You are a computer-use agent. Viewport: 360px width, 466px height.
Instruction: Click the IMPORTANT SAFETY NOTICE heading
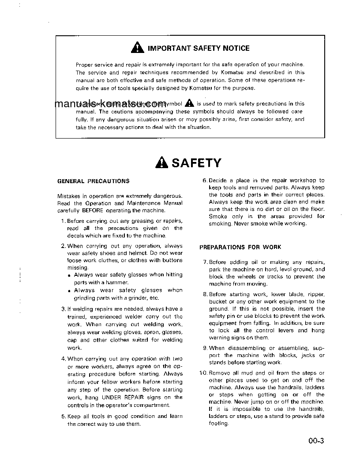tap(198, 49)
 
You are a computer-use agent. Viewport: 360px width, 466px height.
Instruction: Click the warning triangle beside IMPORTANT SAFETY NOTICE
tap(138, 48)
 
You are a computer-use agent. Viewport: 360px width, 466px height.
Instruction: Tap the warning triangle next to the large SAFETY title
tap(162, 163)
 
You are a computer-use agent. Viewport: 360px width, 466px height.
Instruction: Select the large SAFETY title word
tap(196, 163)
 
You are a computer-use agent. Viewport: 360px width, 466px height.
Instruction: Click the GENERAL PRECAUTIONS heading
tap(94, 181)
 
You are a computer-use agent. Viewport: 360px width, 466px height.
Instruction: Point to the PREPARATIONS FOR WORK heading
tap(240, 247)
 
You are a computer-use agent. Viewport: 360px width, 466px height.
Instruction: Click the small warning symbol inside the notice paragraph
tap(189, 103)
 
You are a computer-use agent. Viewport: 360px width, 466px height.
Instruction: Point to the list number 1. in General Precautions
tap(64, 221)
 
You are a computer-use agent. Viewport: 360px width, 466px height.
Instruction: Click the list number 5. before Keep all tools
tap(64, 416)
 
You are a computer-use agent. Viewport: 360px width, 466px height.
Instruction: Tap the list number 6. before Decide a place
tap(205, 180)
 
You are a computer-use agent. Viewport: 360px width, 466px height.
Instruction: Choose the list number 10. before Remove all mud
tap(204, 373)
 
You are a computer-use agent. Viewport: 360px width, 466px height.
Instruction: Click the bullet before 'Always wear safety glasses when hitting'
tap(70, 275)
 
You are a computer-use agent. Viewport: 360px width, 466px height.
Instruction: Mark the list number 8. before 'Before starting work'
tap(205, 294)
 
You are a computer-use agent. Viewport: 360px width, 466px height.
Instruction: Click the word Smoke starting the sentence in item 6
tap(218, 216)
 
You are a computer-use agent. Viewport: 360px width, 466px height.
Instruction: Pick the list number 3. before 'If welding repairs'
tap(64, 309)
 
